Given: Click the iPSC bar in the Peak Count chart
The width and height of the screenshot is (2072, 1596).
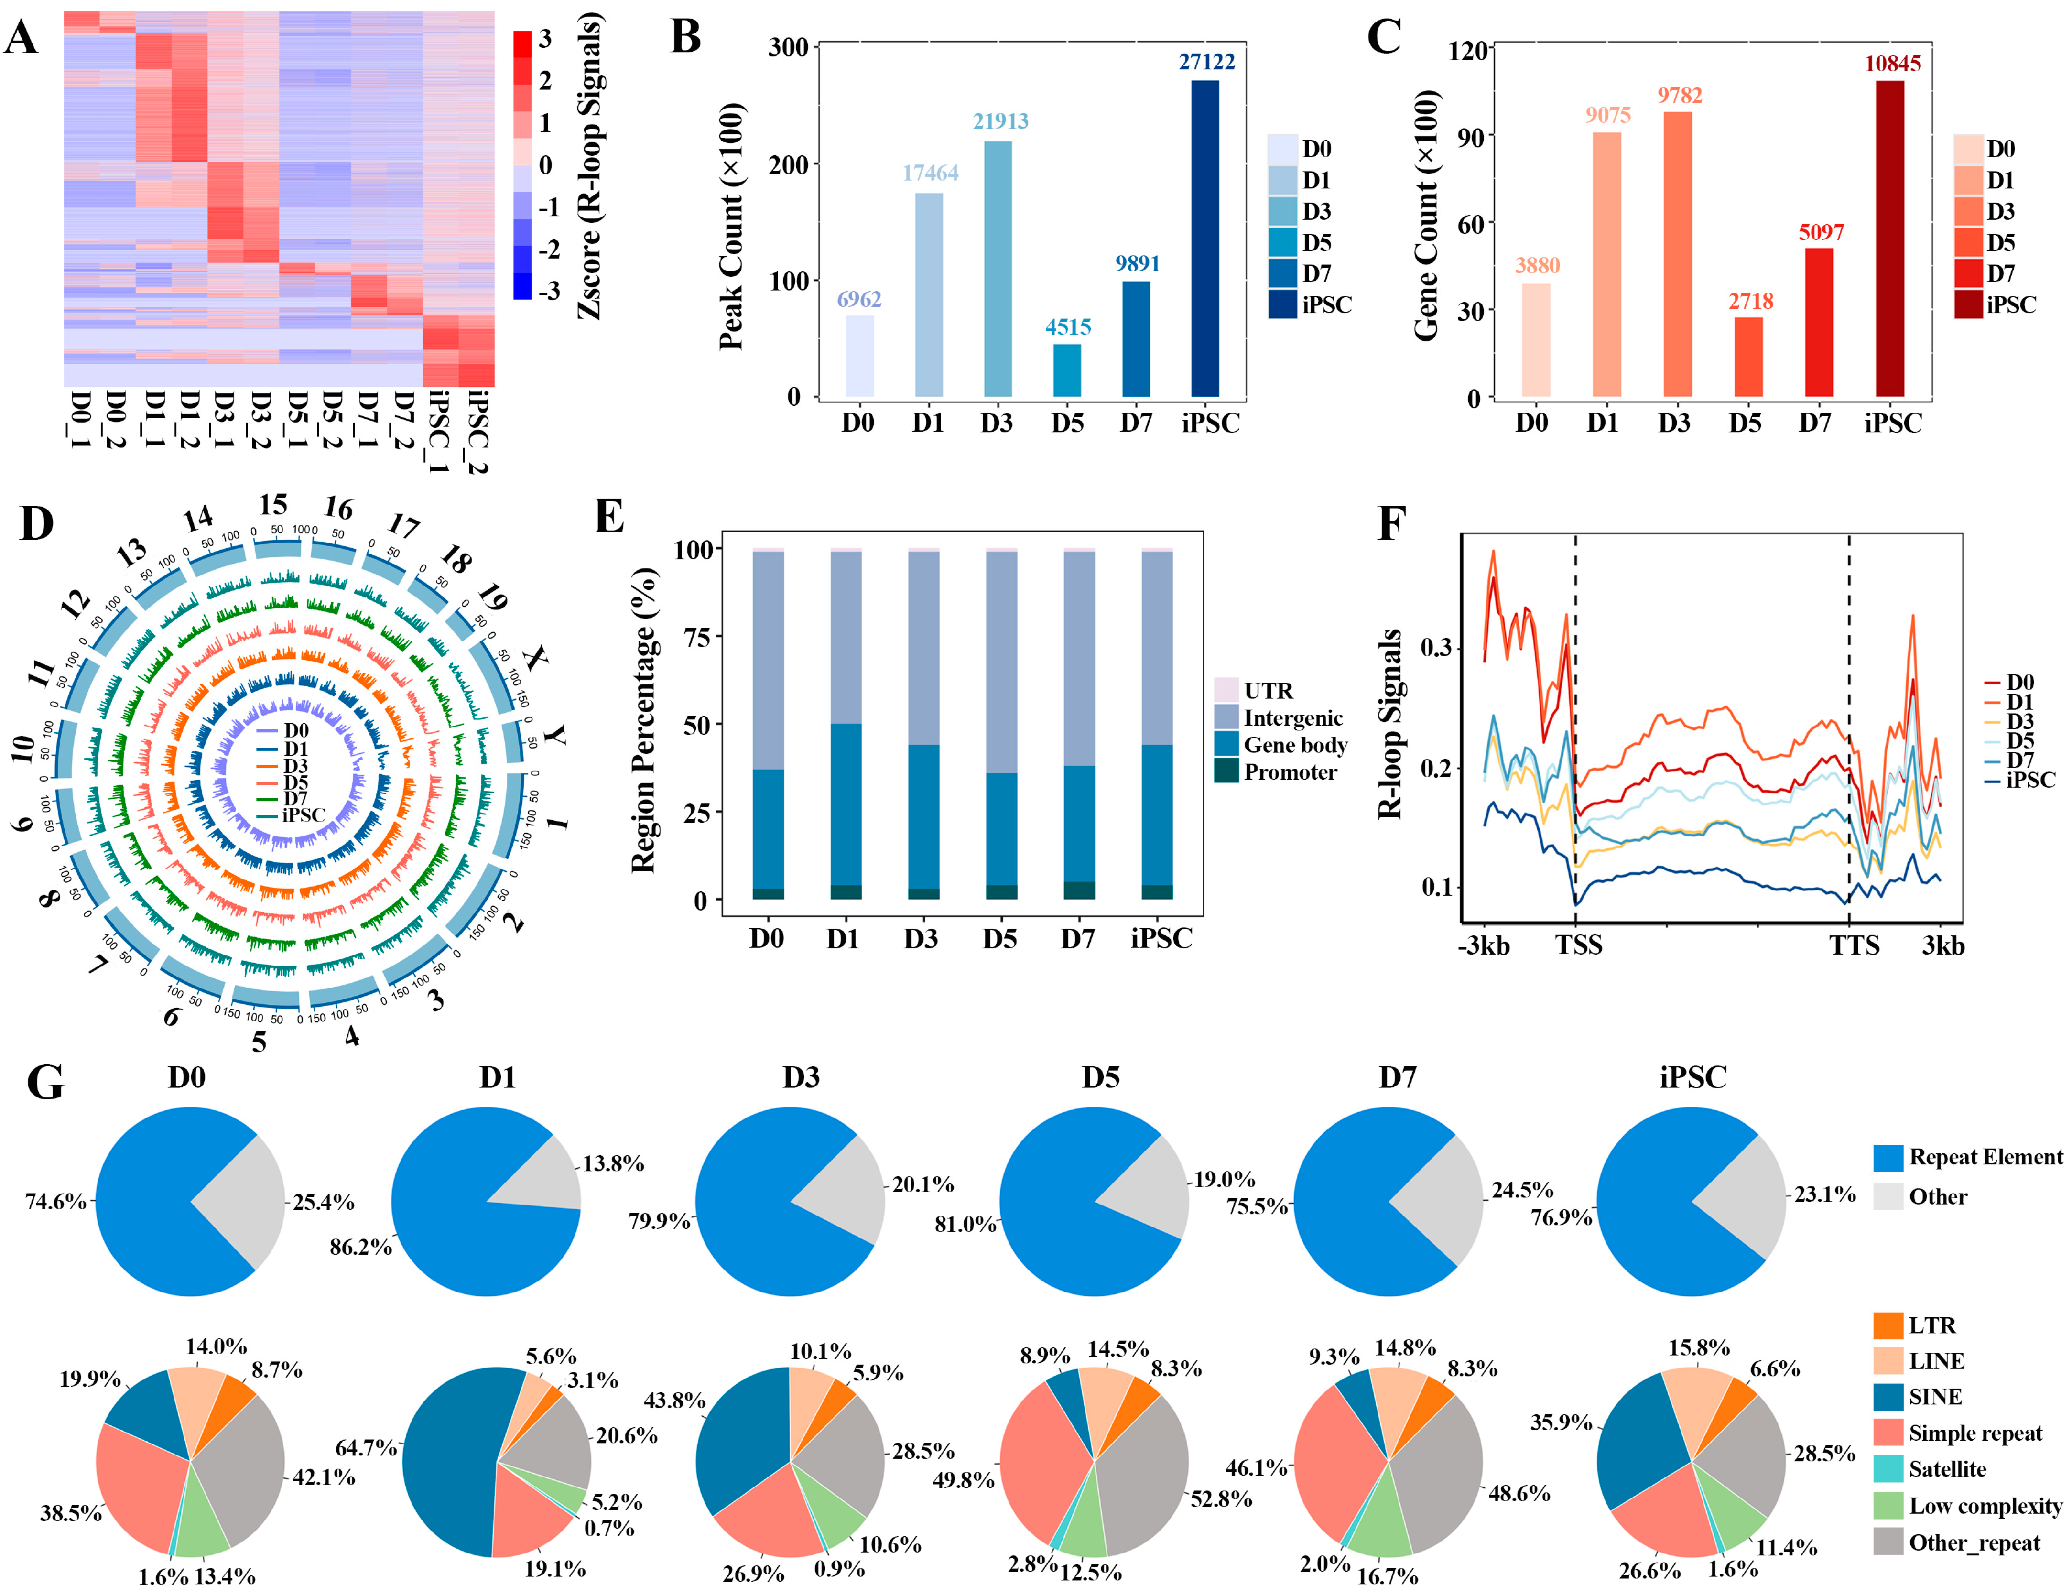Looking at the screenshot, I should pyautogui.click(x=1205, y=237).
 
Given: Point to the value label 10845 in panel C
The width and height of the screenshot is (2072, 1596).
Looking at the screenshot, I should pyautogui.click(x=1892, y=64).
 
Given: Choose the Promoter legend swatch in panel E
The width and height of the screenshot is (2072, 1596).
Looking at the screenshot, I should pyautogui.click(x=1226, y=771).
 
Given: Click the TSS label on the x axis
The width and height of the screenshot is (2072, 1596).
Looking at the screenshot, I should pyautogui.click(x=1579, y=945).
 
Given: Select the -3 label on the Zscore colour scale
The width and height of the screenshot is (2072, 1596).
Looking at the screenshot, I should pyautogui.click(x=548, y=290).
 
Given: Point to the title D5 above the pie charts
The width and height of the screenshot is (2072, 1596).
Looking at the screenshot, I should pyautogui.click(x=1100, y=1077).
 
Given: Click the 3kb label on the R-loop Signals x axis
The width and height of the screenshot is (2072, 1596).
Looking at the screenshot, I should pyautogui.click(x=1943, y=945).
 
